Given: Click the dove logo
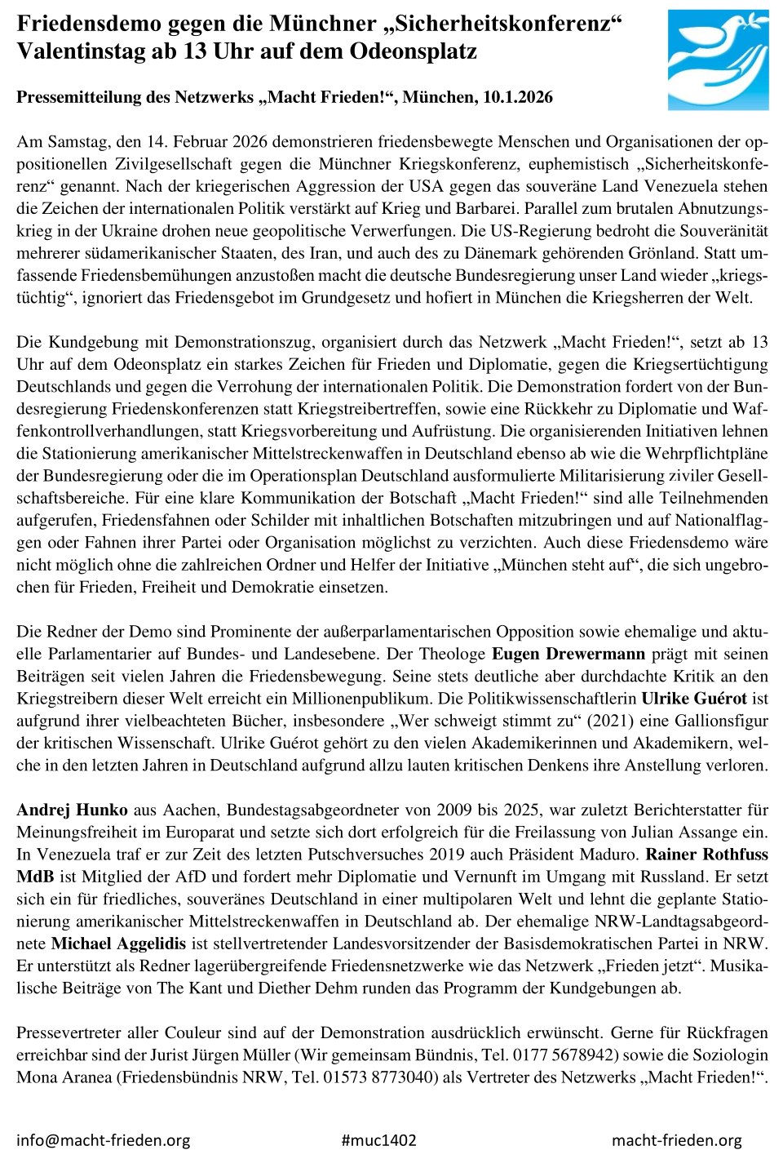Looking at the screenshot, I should pos(718,60).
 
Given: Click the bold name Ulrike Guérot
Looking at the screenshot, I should pos(693,699).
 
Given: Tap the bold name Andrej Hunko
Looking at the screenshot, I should pos(72,810).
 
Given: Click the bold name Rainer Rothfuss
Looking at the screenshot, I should pos(706,855).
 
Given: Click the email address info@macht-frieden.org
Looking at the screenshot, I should pos(103,1140).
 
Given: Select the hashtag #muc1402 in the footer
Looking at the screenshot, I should pos(378,1140).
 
